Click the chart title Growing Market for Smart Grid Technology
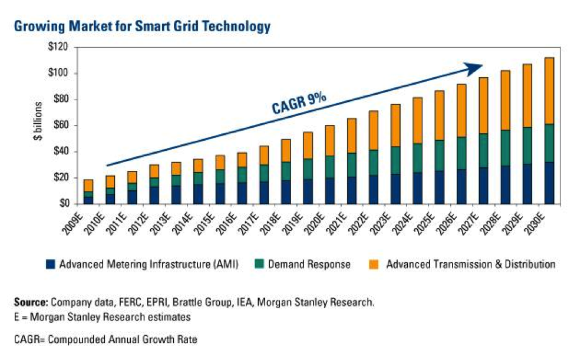(x=141, y=27)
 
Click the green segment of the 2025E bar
(x=440, y=156)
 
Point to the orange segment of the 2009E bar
(x=88, y=186)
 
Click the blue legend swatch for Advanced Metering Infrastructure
(x=51, y=265)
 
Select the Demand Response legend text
(x=309, y=265)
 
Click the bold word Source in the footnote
(x=30, y=302)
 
